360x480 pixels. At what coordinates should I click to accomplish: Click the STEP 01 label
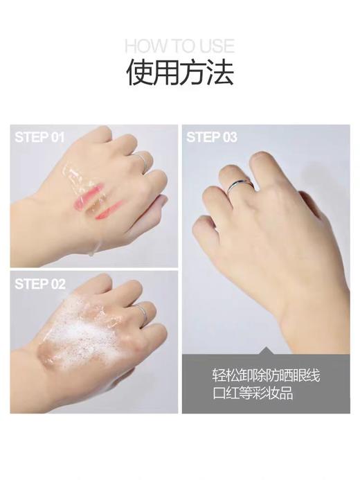point(39,138)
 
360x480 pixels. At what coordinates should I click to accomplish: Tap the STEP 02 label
point(40,283)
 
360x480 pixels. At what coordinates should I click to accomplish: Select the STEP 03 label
point(212,138)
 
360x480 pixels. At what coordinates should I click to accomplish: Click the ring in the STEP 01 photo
point(142,161)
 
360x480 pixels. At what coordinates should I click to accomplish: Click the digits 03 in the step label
point(228,138)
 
